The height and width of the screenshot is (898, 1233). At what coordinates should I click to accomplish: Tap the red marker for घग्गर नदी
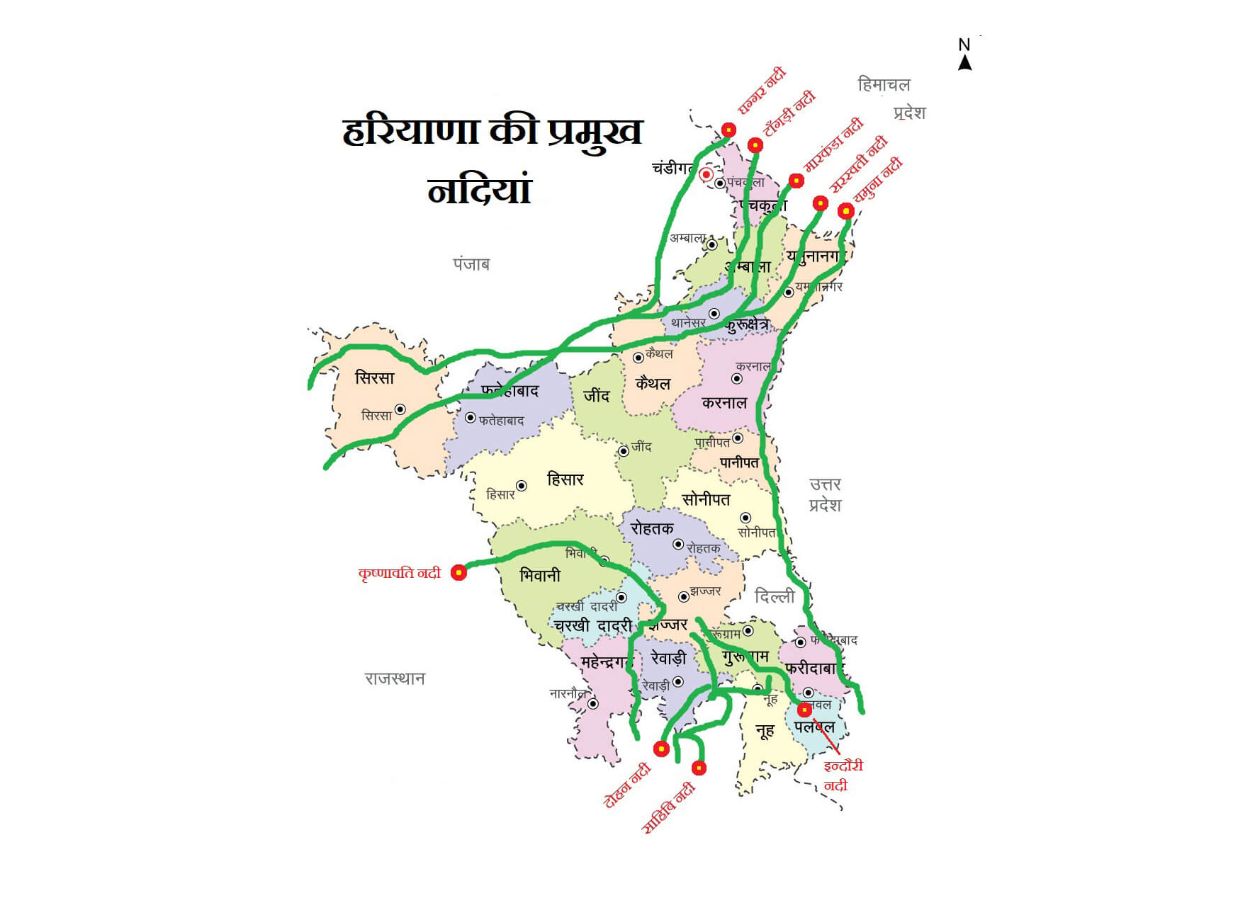728,130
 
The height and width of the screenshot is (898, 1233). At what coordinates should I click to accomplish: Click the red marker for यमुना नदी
845,211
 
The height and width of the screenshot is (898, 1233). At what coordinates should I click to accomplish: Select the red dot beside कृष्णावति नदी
459,572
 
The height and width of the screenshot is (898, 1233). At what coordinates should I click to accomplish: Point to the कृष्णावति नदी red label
399,573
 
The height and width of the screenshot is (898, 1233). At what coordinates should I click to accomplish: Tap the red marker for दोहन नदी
661,749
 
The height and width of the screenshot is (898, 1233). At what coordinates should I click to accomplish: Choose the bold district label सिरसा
374,377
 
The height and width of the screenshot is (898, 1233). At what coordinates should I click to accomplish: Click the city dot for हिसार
522,486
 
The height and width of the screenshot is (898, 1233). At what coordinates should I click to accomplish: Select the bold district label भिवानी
539,576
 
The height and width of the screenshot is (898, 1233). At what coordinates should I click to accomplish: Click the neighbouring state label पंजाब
471,264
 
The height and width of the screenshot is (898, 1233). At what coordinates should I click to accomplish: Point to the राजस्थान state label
395,678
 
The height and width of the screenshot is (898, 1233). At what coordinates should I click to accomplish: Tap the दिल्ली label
774,596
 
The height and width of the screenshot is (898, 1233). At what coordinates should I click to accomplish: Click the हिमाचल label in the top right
883,85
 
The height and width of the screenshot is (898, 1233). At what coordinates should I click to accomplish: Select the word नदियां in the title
480,191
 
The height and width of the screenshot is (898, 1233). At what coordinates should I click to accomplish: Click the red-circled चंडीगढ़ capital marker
706,174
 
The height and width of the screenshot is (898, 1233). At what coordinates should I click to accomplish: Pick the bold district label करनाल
724,403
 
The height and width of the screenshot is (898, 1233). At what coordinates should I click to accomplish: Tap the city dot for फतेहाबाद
470,418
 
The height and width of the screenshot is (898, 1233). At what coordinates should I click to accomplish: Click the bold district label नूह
765,731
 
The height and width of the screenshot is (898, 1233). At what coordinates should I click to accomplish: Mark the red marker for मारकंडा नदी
796,181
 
